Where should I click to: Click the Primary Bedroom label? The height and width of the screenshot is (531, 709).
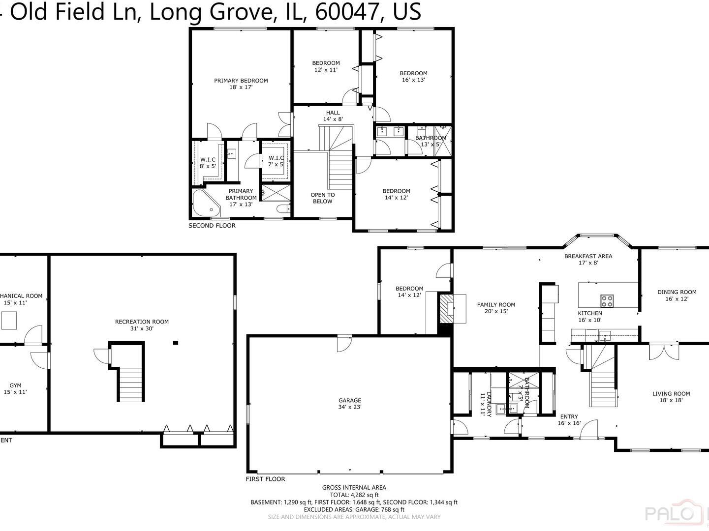pyautogui.click(x=241, y=84)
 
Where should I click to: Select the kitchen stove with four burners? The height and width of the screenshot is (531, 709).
pyautogui.click(x=607, y=300)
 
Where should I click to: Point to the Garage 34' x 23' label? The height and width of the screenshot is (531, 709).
pyautogui.click(x=349, y=404)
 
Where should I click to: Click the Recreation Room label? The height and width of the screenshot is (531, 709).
pyautogui.click(x=142, y=325)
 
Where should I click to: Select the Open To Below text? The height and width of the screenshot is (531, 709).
pyautogui.click(x=322, y=198)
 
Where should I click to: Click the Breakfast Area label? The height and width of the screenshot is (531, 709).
pyautogui.click(x=588, y=259)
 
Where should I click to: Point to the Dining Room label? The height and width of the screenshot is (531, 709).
pyautogui.click(x=677, y=295)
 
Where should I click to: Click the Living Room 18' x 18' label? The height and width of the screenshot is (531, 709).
pyautogui.click(x=671, y=397)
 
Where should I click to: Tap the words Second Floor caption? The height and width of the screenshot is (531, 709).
pyautogui.click(x=212, y=226)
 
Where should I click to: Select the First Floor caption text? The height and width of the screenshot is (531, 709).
pyautogui.click(x=265, y=479)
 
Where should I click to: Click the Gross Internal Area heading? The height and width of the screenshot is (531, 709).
pyautogui.click(x=354, y=488)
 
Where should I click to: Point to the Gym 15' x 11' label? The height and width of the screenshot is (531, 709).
pyautogui.click(x=15, y=389)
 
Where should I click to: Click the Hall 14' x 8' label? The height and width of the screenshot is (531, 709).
pyautogui.click(x=333, y=116)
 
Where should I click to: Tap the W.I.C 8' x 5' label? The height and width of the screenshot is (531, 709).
pyautogui.click(x=208, y=163)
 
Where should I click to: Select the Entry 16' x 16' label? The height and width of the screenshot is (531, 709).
pyautogui.click(x=569, y=420)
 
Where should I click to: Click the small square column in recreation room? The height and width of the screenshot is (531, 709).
pyautogui.click(x=175, y=343)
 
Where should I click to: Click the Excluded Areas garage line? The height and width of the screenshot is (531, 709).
pyautogui.click(x=354, y=510)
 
